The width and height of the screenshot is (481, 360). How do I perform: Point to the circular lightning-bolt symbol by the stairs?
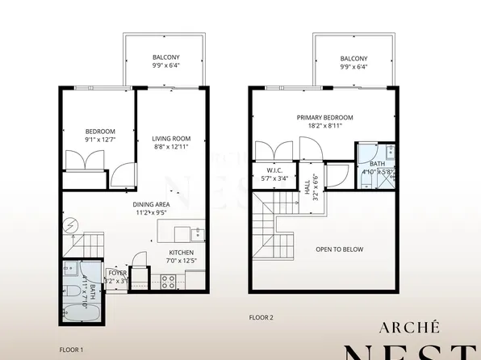click(71, 223)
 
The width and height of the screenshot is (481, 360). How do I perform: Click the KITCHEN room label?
click(182, 253)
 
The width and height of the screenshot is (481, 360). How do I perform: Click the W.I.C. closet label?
click(274, 170)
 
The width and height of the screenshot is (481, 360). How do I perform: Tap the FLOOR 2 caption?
click(261, 318)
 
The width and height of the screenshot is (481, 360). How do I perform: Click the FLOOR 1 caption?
click(71, 350)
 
